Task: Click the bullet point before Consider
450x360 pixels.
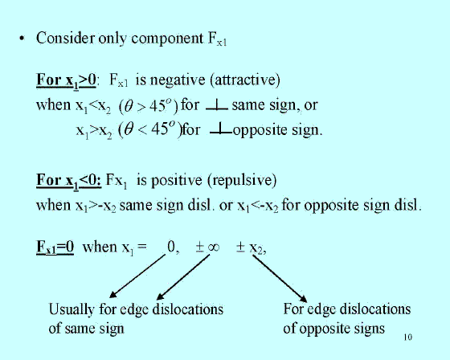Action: coord(22,39)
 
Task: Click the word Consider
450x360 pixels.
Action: coord(65,38)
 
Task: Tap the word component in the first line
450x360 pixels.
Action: coord(167,39)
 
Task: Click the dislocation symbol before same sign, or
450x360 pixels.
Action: coord(217,105)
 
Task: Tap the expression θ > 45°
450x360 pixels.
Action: coord(149,105)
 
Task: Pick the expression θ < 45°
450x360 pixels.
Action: coord(150,129)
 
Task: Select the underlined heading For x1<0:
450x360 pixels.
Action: coord(69,181)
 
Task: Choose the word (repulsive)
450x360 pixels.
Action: coord(242,181)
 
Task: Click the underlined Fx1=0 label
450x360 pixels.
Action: coord(55,247)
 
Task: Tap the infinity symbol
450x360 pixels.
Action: coord(214,247)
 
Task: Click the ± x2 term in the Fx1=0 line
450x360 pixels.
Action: coord(251,247)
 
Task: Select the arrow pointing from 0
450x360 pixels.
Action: coord(137,276)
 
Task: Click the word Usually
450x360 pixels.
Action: coord(72,310)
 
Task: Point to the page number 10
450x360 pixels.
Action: coord(408,337)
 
